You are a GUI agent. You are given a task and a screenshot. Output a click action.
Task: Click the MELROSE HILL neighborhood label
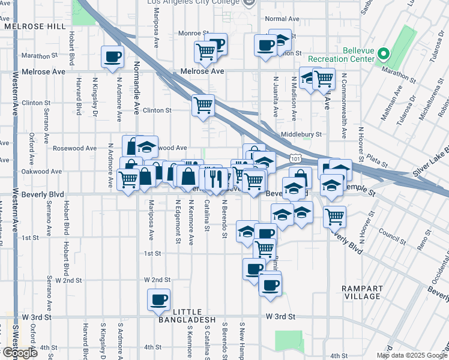click(x=34, y=26)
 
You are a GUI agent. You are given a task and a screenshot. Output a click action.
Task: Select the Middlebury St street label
click(x=303, y=134)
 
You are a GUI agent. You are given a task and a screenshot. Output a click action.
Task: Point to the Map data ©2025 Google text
click(x=411, y=355)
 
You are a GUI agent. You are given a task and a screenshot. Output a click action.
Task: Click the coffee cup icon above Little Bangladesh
click(x=159, y=299)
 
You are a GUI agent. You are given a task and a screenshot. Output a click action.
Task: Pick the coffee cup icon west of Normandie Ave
click(x=112, y=56)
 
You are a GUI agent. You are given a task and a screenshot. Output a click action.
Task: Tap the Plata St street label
click(x=378, y=161)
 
